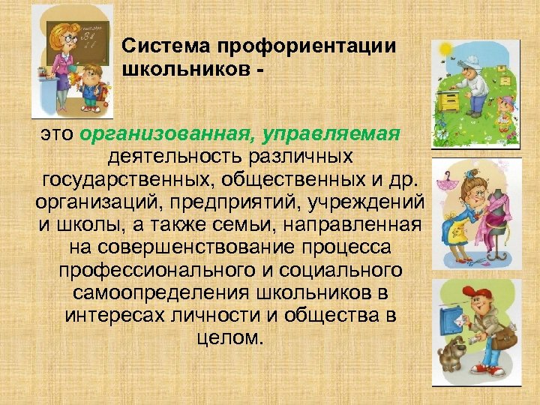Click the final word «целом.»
229,338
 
